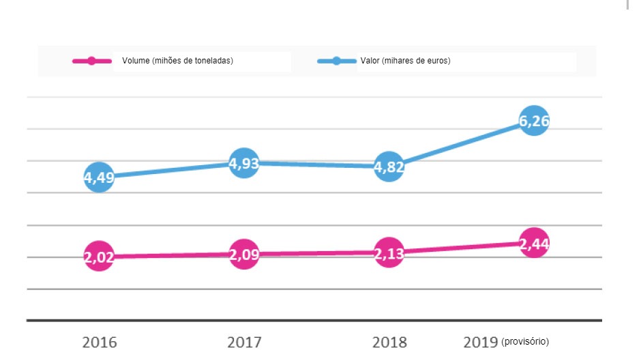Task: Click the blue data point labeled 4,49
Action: tap(99, 177)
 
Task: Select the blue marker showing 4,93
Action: tap(243, 163)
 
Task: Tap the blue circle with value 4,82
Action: tap(389, 166)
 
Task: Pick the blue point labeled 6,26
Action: tap(534, 121)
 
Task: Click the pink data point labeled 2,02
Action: tap(99, 257)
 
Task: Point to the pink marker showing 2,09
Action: tap(243, 255)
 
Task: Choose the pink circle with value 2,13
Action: tap(389, 252)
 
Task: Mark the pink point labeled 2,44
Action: tap(534, 242)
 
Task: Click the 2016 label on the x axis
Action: tap(99, 342)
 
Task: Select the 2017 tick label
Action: tap(243, 342)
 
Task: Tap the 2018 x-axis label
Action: tap(389, 342)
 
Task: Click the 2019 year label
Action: tap(480, 342)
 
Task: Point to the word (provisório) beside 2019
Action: tap(525, 341)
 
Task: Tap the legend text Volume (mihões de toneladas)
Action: tap(178, 61)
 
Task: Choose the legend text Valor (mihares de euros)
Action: tap(406, 61)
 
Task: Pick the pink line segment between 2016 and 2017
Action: tap(170, 256)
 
